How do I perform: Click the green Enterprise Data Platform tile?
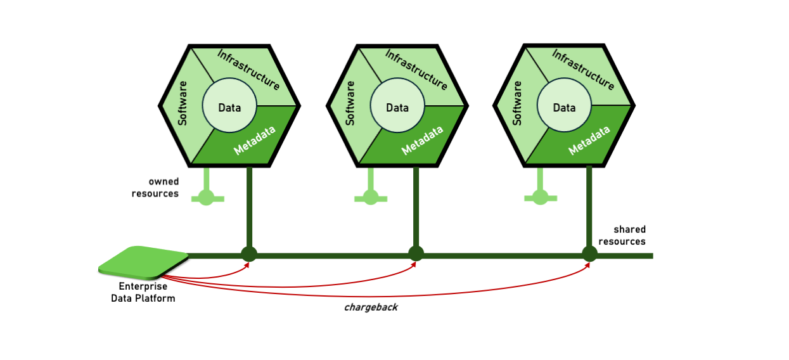tap(144, 262)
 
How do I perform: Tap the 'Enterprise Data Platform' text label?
tap(143, 292)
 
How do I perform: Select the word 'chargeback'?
tap(371, 307)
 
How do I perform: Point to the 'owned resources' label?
tap(155, 188)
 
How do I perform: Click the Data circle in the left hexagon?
tap(229, 107)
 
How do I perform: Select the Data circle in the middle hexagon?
tap(397, 107)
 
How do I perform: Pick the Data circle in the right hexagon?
tap(564, 107)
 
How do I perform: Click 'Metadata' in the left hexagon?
tap(255, 140)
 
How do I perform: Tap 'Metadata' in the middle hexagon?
tap(423, 140)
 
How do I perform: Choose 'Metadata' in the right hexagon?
tap(589, 140)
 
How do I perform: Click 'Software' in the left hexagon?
tap(183, 103)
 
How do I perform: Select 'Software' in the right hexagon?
tap(517, 103)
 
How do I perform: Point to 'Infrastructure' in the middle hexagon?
tap(416, 70)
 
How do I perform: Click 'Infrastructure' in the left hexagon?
tap(248, 70)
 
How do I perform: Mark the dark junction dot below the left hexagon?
tap(248, 254)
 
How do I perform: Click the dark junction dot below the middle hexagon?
tap(416, 254)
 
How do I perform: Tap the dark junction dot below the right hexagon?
tap(589, 254)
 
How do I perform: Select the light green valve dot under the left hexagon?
tap(207, 198)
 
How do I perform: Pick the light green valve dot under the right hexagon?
tap(540, 197)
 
